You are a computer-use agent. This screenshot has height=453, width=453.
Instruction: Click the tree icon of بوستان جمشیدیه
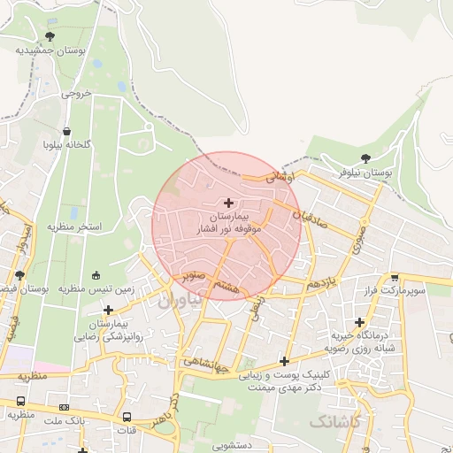(49, 36)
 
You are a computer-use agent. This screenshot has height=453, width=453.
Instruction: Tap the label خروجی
(76, 92)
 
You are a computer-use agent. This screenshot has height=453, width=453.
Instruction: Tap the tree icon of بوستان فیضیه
(19, 275)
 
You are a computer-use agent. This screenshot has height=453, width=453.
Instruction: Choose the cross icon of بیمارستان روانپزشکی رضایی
(108, 310)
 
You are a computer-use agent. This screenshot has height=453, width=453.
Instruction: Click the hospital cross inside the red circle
(229, 203)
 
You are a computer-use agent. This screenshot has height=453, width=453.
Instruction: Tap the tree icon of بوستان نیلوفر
(366, 158)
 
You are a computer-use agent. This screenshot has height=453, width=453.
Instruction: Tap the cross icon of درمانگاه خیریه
(358, 322)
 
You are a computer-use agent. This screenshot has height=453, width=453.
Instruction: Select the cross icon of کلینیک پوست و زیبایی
(284, 360)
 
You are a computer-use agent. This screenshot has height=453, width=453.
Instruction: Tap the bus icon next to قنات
(127, 417)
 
